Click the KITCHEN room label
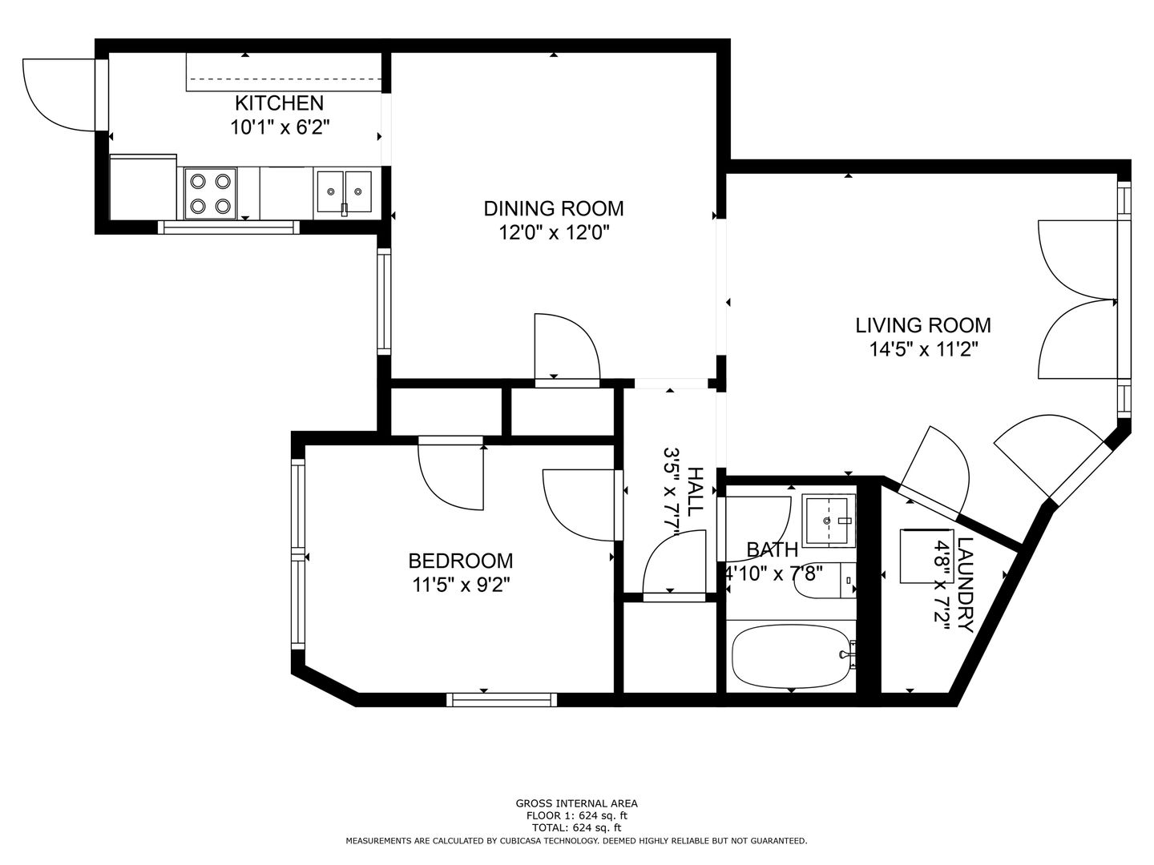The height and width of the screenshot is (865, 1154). point(279,103)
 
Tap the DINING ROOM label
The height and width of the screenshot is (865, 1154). point(554,208)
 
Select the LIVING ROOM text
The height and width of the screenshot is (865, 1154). point(923,325)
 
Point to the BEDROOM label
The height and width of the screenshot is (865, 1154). point(461,561)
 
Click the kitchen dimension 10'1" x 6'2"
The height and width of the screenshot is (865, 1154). point(280,127)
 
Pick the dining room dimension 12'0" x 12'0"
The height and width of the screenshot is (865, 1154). point(554,232)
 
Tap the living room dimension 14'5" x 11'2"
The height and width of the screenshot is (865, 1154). point(924,349)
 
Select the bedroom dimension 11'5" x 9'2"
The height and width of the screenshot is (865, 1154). point(461,585)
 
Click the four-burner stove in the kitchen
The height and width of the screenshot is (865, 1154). point(210,194)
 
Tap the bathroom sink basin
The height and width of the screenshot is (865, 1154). point(828,521)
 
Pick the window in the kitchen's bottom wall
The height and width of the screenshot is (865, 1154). point(228,227)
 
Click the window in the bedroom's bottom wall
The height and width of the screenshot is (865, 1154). point(502,700)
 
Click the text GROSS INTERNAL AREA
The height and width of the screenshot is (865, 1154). point(576,803)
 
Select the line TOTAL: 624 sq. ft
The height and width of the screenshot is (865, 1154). point(576,827)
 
